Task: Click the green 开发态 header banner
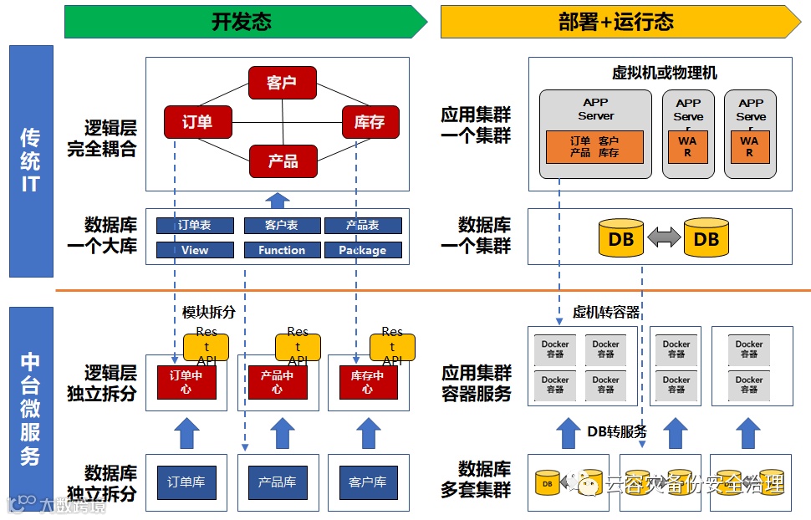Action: point(242,22)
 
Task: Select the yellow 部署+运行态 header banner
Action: point(617,22)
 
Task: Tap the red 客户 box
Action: point(282,83)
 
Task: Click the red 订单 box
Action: point(197,122)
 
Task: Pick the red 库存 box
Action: point(370,122)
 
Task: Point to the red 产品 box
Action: point(283,161)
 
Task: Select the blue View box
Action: point(195,250)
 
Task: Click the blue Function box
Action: point(282,250)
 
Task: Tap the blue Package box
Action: point(362,250)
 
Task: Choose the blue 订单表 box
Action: point(195,226)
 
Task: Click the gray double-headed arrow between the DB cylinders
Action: point(665,238)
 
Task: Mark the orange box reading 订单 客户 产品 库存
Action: point(594,147)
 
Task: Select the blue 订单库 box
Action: point(186,482)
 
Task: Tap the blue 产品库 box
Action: point(277,482)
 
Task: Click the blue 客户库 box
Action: point(367,482)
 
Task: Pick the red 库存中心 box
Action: point(367,382)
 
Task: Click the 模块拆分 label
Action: point(209,312)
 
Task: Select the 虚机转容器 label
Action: point(606,312)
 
